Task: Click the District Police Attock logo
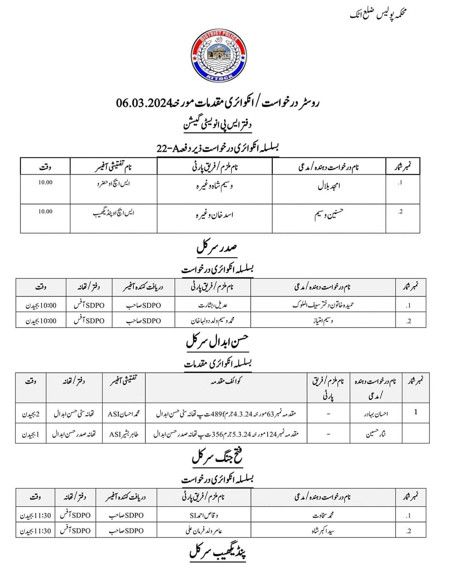218,56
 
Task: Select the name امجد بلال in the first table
329,186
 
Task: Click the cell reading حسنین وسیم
329,215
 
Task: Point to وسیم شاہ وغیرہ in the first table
214,186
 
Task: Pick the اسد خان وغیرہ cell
214,215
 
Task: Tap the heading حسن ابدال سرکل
217,342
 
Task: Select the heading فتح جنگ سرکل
217,457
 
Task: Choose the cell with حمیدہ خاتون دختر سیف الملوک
323,305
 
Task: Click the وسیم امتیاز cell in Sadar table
323,321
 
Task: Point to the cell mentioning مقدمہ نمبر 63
226,414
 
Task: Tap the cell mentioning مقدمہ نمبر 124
226,434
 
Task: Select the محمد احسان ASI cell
124,414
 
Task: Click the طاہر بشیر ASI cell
124,434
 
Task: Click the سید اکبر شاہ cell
323,531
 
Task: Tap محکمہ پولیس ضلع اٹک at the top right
378,15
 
